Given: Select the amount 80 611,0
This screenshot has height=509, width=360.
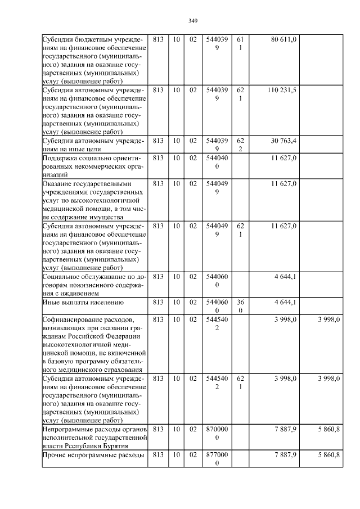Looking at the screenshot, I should (x=284, y=40).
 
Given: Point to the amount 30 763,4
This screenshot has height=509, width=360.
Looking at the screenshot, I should (x=284, y=140).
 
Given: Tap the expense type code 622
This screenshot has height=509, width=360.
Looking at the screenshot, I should (x=240, y=145).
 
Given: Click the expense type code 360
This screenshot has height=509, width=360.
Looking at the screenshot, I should (x=240, y=307).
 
